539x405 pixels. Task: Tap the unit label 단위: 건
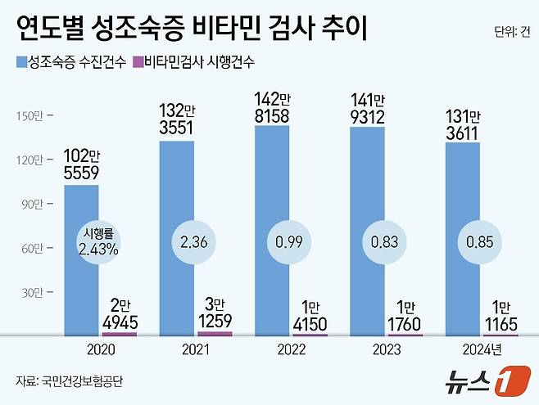click(x=512, y=32)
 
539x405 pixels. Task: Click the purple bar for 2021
click(x=215, y=333)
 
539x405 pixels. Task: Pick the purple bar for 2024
click(x=500, y=335)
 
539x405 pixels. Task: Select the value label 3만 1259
click(x=215, y=312)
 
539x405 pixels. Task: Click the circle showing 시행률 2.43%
click(x=99, y=243)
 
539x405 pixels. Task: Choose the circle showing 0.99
click(x=288, y=243)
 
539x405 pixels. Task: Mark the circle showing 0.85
click(x=478, y=243)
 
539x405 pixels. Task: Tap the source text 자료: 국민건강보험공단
click(x=73, y=381)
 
